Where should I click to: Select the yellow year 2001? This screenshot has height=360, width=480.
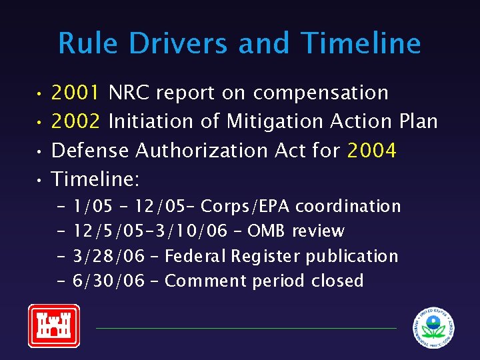[x=75, y=93]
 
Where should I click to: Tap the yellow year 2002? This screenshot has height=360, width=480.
[x=75, y=121]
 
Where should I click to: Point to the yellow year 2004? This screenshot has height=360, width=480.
[x=371, y=151]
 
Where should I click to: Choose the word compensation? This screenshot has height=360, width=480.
[x=321, y=93]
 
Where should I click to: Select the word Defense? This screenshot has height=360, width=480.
[x=91, y=151]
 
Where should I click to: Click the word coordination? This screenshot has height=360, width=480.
[x=348, y=207]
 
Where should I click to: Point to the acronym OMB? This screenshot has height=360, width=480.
[x=267, y=231]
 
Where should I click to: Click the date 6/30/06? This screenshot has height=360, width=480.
[x=109, y=281]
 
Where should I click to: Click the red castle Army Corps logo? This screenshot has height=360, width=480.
[x=53, y=325]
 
